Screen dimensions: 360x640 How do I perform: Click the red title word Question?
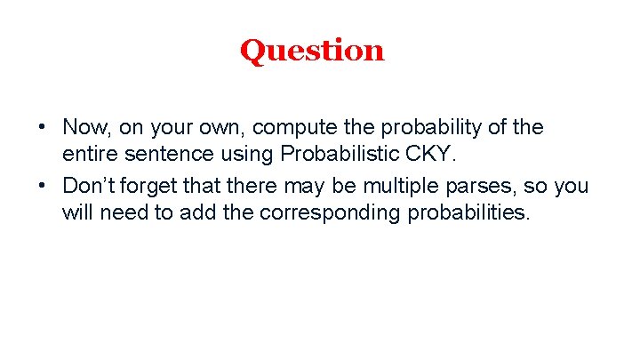(312, 51)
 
